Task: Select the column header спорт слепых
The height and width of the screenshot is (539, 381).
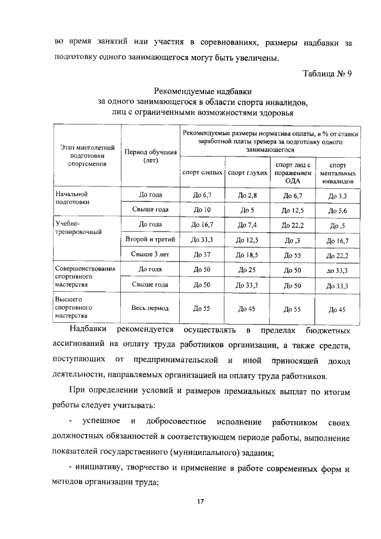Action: [201, 172]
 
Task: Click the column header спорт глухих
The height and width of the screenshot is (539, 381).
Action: [246, 172]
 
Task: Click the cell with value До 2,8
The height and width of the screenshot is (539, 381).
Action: [246, 195]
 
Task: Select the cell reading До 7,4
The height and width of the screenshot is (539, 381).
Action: [246, 225]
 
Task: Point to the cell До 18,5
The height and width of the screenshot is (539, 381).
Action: [246, 256]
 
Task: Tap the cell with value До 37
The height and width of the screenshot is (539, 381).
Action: [201, 256]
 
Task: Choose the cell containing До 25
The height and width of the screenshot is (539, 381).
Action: [246, 270]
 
